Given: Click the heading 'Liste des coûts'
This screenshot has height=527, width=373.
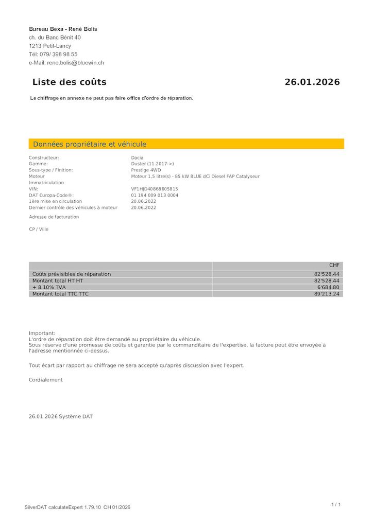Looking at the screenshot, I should pyautogui.click(x=69, y=82).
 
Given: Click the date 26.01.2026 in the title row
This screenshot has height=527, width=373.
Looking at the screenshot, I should pyautogui.click(x=312, y=82).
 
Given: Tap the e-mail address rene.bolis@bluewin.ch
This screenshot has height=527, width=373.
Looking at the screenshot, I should pyautogui.click(x=76, y=63).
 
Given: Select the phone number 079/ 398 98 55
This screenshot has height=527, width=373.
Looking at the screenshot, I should pyautogui.click(x=59, y=54).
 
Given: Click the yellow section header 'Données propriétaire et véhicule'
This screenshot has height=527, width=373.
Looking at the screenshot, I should pyautogui.click(x=90, y=144).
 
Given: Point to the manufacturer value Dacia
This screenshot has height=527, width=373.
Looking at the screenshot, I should pyautogui.click(x=138, y=157).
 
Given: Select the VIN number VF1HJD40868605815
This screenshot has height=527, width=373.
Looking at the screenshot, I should pyautogui.click(x=155, y=189).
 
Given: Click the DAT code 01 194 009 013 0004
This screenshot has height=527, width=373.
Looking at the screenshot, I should pyautogui.click(x=155, y=195).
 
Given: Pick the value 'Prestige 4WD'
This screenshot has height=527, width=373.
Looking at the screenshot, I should pyautogui.click(x=146, y=170).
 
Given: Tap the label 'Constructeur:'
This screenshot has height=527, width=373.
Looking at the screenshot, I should pyautogui.click(x=44, y=157).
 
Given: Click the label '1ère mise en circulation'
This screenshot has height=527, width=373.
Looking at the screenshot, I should pyautogui.click(x=55, y=201).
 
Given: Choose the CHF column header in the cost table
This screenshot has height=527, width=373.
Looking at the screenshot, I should pyautogui.click(x=334, y=266).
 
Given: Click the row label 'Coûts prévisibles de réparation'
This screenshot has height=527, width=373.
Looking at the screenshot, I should pyautogui.click(x=72, y=274).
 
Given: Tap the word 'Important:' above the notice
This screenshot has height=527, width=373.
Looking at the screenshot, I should pyautogui.click(x=42, y=333).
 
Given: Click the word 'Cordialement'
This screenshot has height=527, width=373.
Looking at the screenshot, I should pyautogui.click(x=46, y=380).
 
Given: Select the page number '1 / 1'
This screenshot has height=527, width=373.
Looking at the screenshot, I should pyautogui.click(x=336, y=504).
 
